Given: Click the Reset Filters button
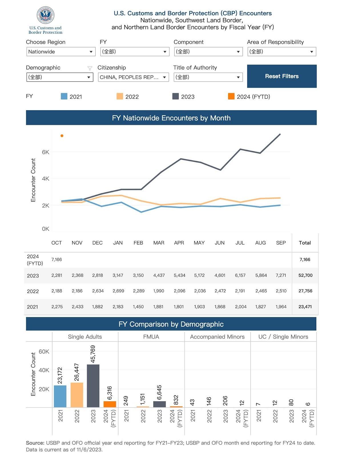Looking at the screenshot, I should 282,76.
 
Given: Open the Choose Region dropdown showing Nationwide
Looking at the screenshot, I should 61,52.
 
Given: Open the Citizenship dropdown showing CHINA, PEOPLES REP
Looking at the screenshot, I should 133,77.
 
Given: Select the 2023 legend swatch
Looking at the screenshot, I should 176,96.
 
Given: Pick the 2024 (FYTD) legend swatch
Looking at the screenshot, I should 231,96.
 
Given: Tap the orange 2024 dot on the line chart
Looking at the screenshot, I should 62,136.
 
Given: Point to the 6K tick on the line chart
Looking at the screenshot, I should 45,152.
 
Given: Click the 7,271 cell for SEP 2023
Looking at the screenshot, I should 281,275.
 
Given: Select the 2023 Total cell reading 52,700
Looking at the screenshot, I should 305,275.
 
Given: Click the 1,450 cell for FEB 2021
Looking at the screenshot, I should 138,306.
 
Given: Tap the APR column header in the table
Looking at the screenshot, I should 179,243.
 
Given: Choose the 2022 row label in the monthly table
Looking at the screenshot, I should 33,291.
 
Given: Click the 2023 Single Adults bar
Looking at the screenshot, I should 93,386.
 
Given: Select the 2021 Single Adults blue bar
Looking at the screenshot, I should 60,396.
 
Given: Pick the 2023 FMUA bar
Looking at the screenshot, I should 159,404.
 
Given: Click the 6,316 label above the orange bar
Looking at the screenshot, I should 110,393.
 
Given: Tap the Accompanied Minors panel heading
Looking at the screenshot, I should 217,337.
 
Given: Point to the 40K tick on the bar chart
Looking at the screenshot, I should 44,370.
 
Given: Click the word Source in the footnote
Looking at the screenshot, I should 35,443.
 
